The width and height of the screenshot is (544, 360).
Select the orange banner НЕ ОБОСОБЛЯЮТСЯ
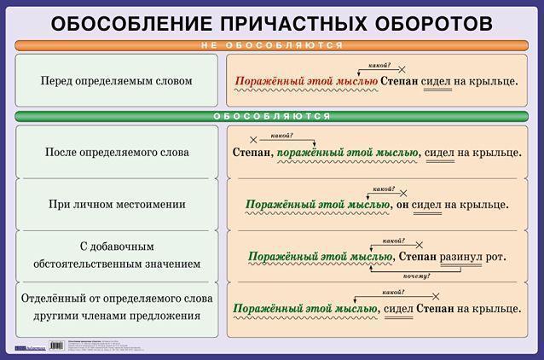pyautogui.click(x=272, y=45)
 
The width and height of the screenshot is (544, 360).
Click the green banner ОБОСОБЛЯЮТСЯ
pyautogui.click(x=272, y=116)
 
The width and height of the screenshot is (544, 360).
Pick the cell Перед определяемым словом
pyautogui.click(x=116, y=81)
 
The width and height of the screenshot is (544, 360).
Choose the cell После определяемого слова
pyautogui.click(x=116, y=152)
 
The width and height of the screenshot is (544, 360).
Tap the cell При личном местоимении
pyautogui.click(x=116, y=205)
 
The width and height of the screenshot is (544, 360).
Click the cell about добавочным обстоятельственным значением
pyautogui.click(x=116, y=255)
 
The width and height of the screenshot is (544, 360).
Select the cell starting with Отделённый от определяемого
pyautogui.click(x=116, y=307)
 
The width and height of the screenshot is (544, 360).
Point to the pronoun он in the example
pyautogui.click(x=401, y=205)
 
